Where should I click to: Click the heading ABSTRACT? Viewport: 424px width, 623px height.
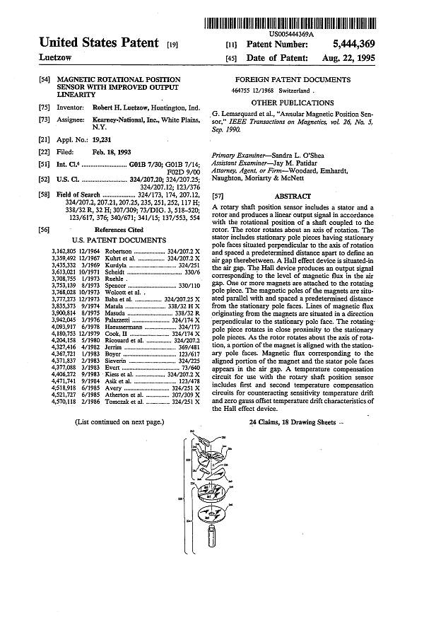[x=292, y=196]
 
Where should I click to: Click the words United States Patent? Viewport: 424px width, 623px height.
[x=99, y=44]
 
